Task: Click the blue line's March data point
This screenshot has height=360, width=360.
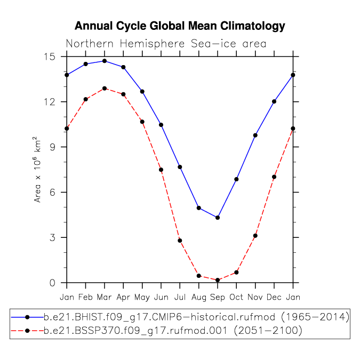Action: pos(105,61)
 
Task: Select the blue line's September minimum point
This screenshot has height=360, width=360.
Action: pos(218,218)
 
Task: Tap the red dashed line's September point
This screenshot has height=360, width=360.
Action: pos(218,280)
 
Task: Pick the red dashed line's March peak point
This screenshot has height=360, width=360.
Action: pos(105,89)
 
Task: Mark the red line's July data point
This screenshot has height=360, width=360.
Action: pos(180,241)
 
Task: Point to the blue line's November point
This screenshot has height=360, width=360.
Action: pos(255,135)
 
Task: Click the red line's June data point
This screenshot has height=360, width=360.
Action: pos(161,170)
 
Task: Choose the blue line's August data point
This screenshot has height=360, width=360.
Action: pos(199,208)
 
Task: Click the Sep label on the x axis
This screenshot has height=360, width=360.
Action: pos(218,297)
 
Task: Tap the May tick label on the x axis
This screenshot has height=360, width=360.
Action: pos(142,298)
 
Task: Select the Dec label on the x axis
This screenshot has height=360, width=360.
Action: pos(274,297)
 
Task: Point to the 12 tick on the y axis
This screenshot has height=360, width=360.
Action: pos(50,101)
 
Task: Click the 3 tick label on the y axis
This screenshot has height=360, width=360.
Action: pos(53,237)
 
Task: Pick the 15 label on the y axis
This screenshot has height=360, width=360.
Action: pos(50,57)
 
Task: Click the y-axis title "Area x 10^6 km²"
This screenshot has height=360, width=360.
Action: pos(37,170)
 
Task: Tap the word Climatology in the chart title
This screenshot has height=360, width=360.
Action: pos(253,26)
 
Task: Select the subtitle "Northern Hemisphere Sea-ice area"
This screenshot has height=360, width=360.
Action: pos(166,43)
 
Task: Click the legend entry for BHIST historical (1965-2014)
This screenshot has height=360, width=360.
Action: pos(180,317)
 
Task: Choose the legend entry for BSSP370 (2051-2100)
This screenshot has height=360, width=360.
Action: pos(156,331)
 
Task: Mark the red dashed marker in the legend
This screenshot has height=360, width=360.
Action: pos(27,331)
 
